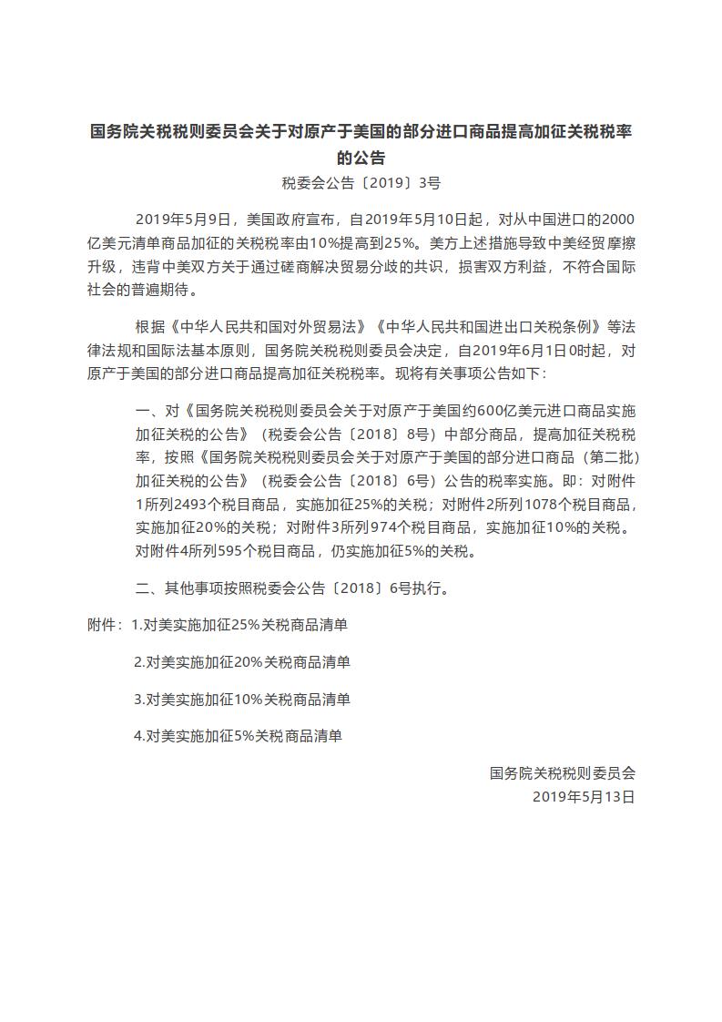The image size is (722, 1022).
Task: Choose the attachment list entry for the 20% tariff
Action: point(241,662)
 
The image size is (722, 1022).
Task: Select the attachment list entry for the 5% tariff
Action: point(238,735)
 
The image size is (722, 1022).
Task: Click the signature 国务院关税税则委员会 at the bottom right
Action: point(562,772)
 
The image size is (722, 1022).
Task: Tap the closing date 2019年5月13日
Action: point(583,795)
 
